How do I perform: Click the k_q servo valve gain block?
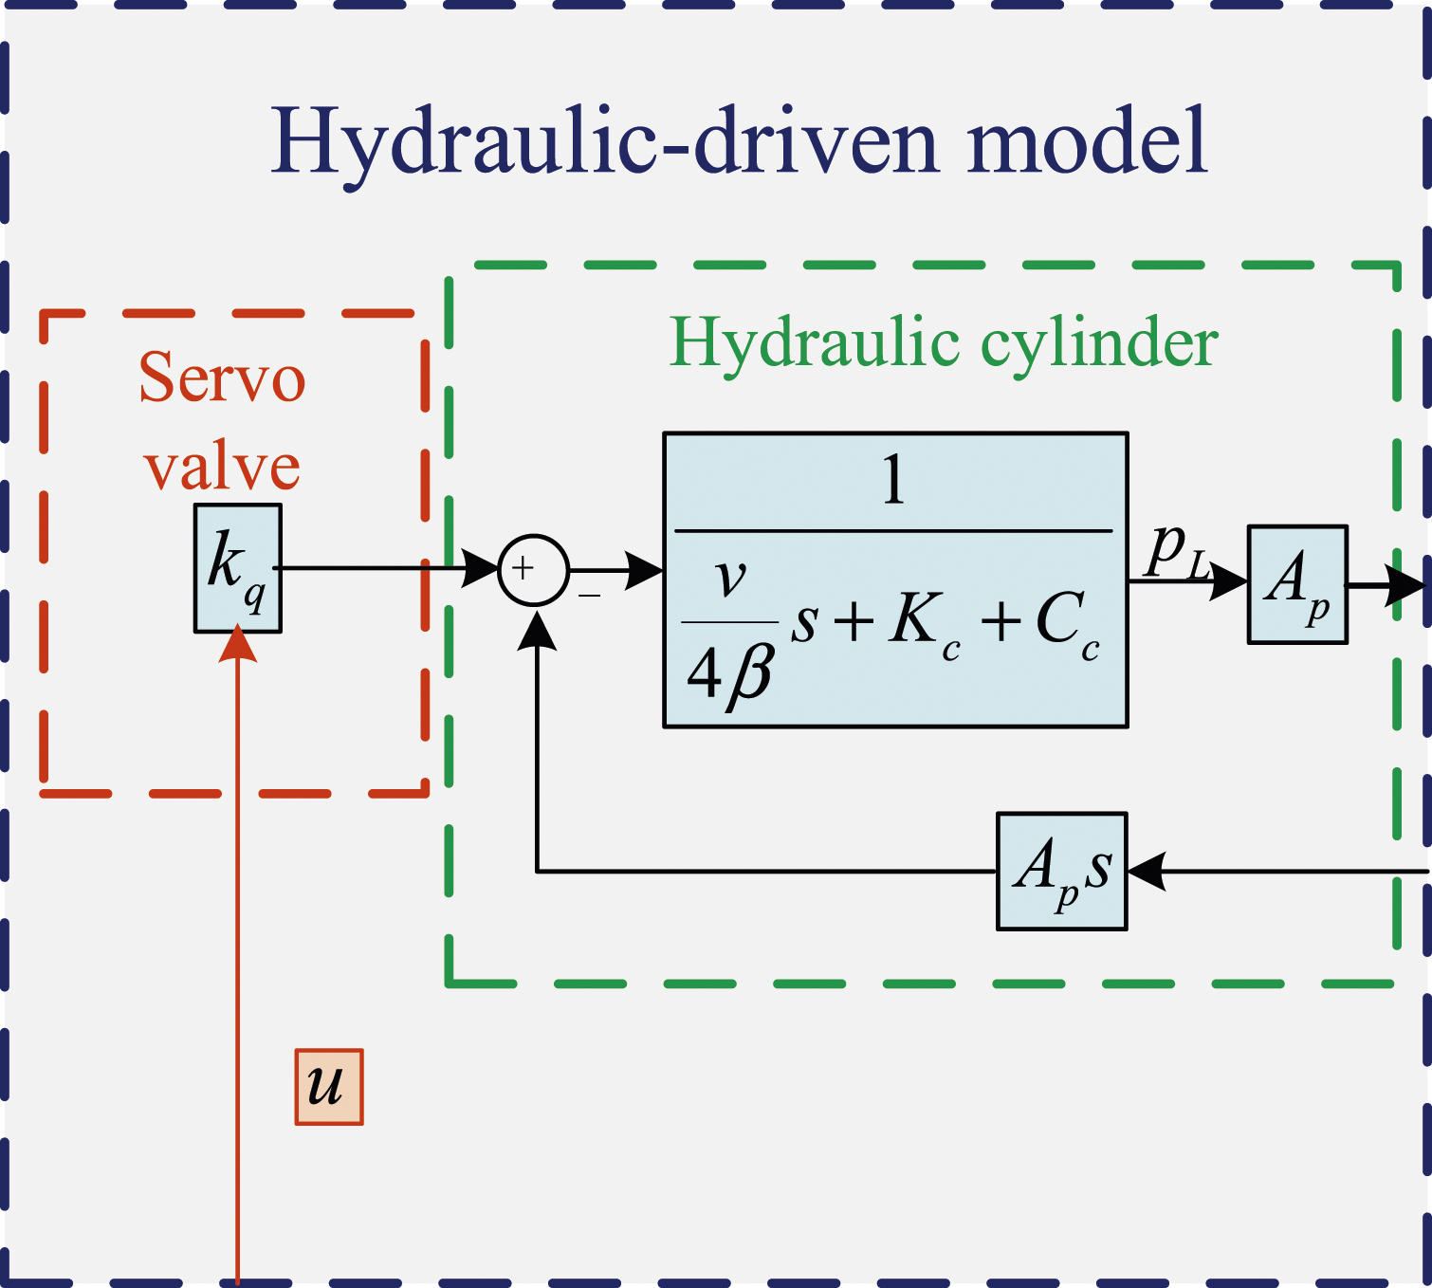tap(238, 567)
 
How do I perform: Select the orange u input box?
tap(329, 1087)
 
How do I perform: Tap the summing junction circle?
tap(533, 570)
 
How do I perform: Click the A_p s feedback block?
tap(1061, 871)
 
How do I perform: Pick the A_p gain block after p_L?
tap(1297, 585)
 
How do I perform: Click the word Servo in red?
tap(222, 378)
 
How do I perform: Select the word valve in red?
tap(222, 468)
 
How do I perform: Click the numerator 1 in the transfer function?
tap(893, 481)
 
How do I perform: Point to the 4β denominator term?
tap(729, 674)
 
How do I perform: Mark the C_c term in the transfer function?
tap(1067, 621)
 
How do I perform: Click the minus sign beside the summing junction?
tap(589, 595)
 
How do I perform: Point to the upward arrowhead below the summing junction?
tap(536, 630)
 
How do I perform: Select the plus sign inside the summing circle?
tap(523, 568)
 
